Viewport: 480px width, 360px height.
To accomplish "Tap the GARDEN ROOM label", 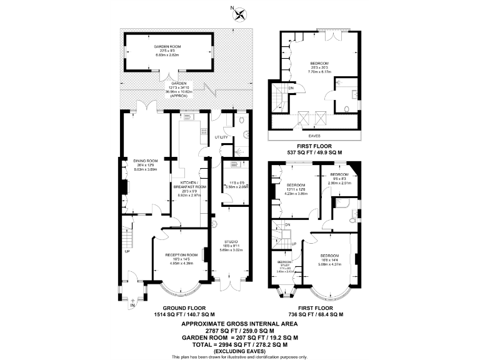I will coord(167,47).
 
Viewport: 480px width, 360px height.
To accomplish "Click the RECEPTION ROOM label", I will coord(181,255).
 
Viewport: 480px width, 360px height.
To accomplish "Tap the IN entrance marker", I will coord(132,304).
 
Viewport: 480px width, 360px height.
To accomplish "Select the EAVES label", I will coord(313,133).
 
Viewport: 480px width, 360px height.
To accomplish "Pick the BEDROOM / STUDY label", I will coord(284,264).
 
